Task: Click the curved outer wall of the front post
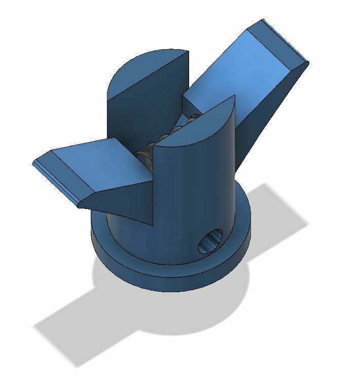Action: (198, 193)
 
